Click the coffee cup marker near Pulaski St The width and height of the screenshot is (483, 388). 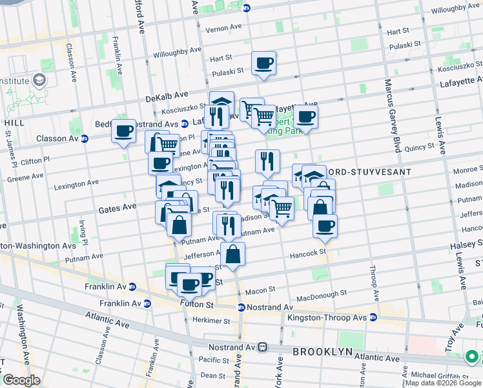[263, 63]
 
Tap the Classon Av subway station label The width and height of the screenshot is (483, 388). [63, 138]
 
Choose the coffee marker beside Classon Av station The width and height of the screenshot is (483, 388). [123, 131]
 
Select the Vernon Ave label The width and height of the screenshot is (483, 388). [223, 29]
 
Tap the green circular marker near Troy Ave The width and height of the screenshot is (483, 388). [472, 356]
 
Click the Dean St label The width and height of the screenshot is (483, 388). [212, 374]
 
